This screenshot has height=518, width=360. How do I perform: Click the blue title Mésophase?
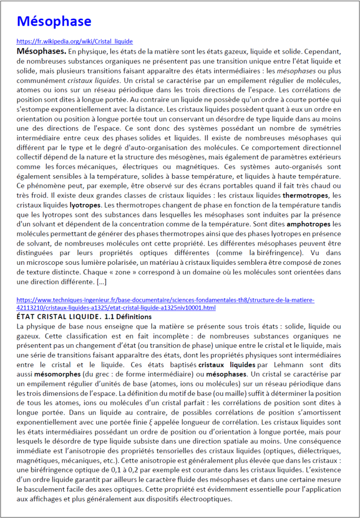point(54,21)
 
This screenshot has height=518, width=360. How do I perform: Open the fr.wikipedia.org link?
point(74,42)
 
